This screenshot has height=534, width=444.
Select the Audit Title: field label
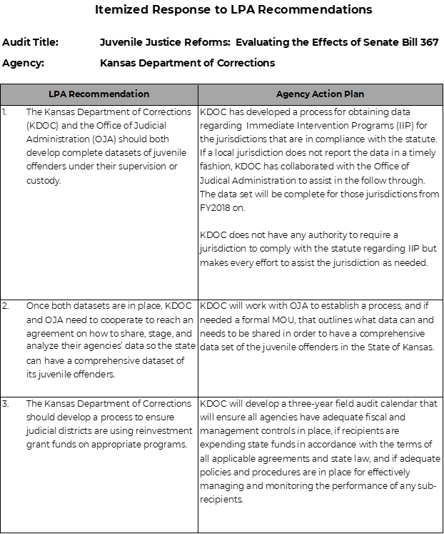pyautogui.click(x=31, y=42)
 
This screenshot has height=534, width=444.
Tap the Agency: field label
pyautogui.click(x=23, y=63)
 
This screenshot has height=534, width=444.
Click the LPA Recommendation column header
pyautogui.click(x=99, y=94)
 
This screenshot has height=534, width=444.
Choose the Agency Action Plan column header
pyautogui.click(x=320, y=94)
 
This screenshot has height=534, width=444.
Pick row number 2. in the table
pyautogui.click(x=6, y=306)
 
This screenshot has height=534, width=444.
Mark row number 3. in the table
pyautogui.click(x=6, y=404)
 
